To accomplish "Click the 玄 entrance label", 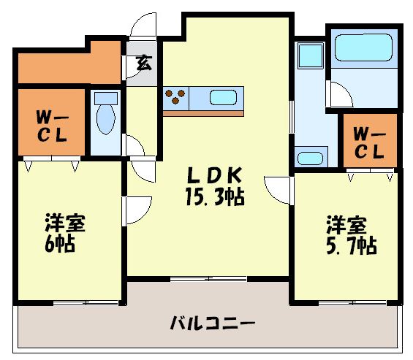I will tap(143, 63).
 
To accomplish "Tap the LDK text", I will tap(213, 176).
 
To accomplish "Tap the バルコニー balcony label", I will tap(212, 322).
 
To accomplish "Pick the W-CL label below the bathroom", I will tap(370, 142).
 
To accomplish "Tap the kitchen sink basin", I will tap(222, 98).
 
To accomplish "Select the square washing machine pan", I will tap(311, 56).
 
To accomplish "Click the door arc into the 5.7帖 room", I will tap(280, 188).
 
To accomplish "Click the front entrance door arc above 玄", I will tap(143, 26).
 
